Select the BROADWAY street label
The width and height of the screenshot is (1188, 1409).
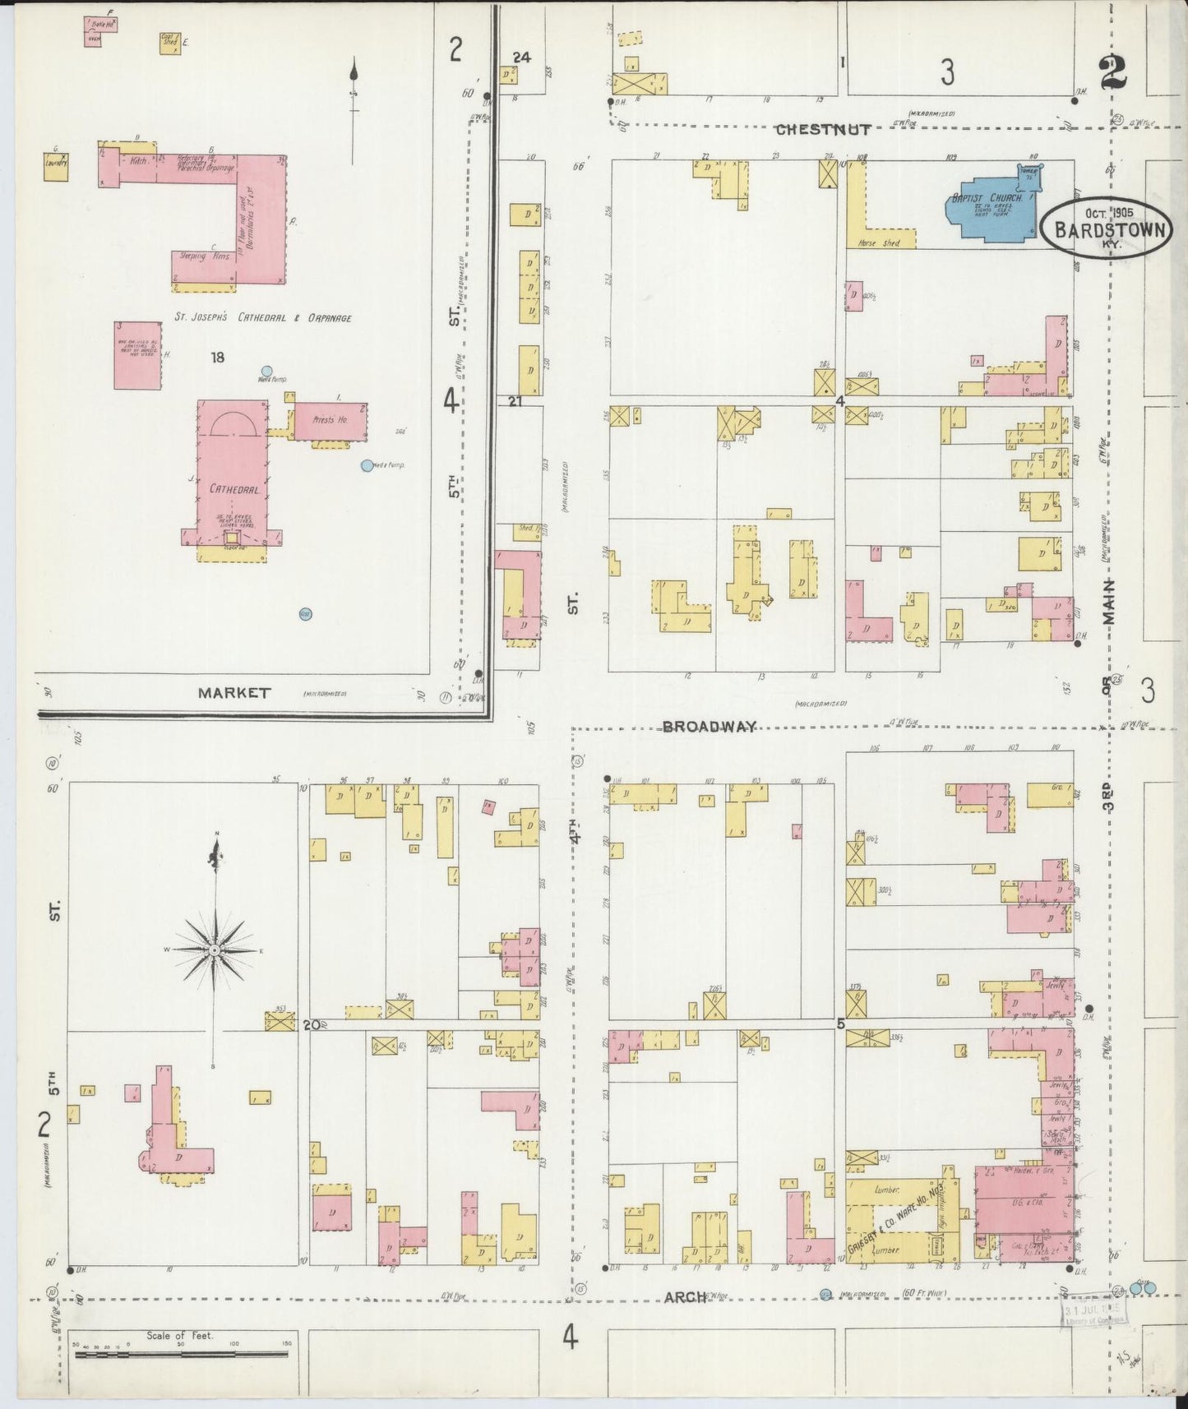click(x=709, y=726)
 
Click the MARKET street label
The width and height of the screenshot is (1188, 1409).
click(x=233, y=692)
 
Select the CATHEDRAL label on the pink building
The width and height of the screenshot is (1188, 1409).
click(x=233, y=488)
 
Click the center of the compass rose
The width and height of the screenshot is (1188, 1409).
click(x=214, y=949)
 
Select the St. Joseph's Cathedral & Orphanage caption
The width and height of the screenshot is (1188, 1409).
click(x=262, y=317)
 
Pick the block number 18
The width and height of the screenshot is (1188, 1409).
click(x=217, y=358)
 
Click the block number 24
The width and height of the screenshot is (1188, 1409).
click(x=521, y=58)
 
